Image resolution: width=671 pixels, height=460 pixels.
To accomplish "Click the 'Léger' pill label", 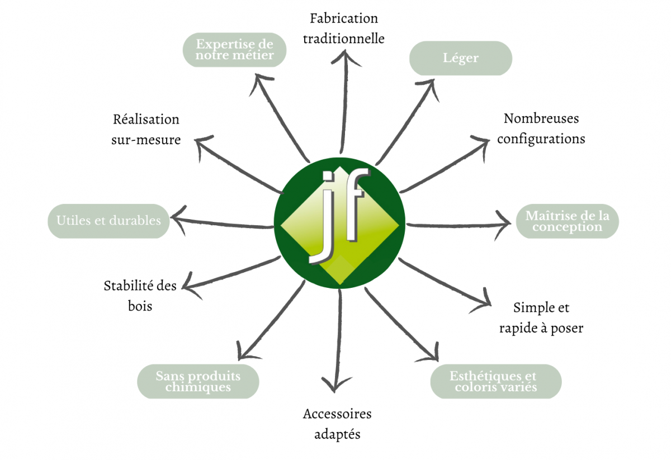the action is point(461,58).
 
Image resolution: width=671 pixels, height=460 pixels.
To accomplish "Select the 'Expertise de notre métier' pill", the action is point(234,50).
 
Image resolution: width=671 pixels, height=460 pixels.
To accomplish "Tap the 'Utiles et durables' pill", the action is point(108,221).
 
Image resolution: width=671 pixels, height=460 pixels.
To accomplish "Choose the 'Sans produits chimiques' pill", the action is point(198,381).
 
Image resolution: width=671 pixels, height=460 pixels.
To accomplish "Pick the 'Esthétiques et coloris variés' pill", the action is point(496,381).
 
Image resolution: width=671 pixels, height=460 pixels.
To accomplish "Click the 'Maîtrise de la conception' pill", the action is point(568,221).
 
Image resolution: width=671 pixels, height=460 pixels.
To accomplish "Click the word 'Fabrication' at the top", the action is point(344,18).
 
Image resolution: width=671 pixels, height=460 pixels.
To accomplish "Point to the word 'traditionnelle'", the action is point(344,39).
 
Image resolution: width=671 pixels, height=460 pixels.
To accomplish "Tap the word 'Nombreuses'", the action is point(541,118).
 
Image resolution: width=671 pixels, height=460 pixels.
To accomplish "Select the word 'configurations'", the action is point(541,139).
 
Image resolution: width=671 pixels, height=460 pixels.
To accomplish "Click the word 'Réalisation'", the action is point(146,120).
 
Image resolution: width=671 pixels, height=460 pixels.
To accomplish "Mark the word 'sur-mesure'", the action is point(146,140).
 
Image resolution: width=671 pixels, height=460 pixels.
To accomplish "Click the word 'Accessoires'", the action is point(337,414).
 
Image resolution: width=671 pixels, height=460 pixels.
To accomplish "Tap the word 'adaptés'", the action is point(337,434).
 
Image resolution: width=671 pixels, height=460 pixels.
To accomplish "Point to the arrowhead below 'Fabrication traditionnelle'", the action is point(345,58).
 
